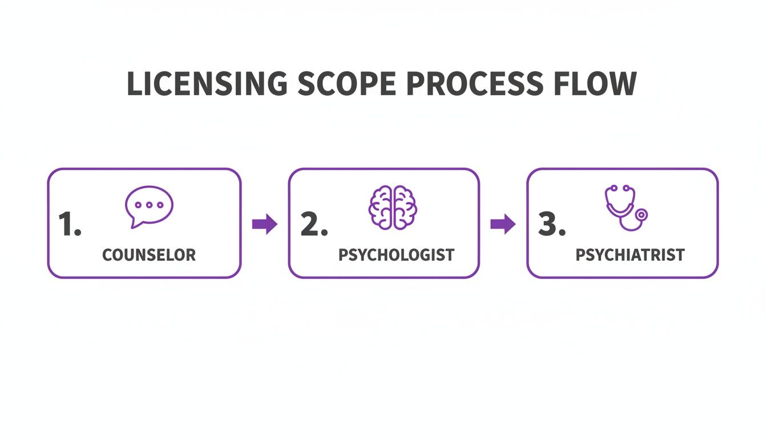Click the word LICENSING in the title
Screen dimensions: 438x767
click(207, 84)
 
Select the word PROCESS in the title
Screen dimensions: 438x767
click(466, 84)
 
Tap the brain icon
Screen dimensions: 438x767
click(393, 208)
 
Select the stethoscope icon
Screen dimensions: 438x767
click(625, 208)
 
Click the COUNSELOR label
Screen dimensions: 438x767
click(149, 255)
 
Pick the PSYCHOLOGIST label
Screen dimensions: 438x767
click(396, 255)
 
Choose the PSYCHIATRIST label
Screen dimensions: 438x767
click(630, 255)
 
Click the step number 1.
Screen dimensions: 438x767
click(69, 225)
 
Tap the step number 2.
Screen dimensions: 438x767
click(313, 225)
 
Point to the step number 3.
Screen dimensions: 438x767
click(551, 225)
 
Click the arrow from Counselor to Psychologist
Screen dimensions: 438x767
click(264, 224)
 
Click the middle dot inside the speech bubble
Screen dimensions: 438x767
click(148, 204)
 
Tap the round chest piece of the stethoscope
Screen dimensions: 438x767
click(641, 216)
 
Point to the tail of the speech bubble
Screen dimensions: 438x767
click(135, 224)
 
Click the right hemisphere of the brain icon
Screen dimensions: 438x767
click(405, 208)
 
